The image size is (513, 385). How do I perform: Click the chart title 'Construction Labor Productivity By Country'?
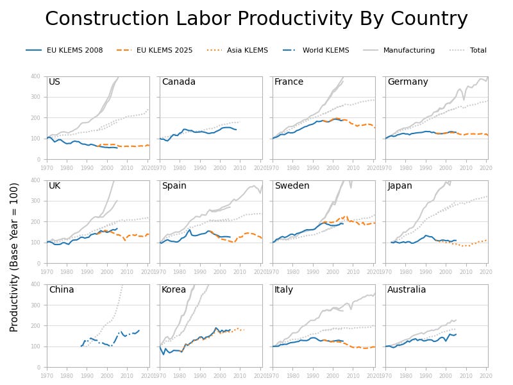click(x=256, y=19)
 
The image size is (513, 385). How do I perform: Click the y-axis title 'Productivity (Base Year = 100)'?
click(x=14, y=257)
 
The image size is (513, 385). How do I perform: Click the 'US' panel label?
click(x=55, y=82)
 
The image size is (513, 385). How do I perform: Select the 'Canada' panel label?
click(x=178, y=82)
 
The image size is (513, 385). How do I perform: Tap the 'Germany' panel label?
click(x=407, y=82)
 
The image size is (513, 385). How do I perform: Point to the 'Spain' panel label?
click(x=174, y=186)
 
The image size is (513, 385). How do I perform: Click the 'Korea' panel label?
click(x=174, y=290)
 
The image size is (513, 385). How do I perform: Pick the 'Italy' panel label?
click(x=283, y=290)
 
